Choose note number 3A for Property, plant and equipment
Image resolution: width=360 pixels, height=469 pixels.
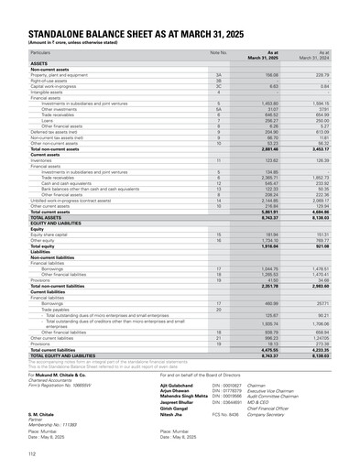pyautogui.click(x=218, y=75)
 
